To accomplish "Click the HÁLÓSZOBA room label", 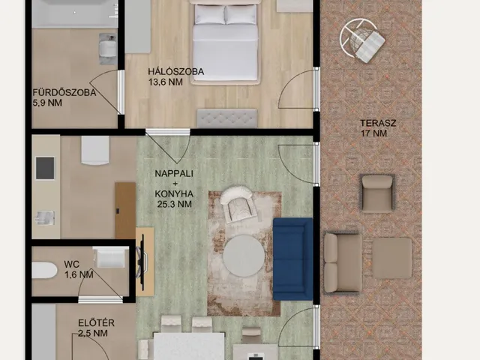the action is (x=176, y=72).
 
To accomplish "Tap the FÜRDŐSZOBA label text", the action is (x=64, y=92).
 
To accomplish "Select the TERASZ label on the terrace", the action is (x=378, y=123).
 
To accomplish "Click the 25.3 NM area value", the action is (x=175, y=204).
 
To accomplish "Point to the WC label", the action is (x=72, y=264).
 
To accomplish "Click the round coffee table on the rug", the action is (x=243, y=256).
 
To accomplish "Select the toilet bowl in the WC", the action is (x=44, y=270).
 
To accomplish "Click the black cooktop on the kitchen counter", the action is (x=45, y=168).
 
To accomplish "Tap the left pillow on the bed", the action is (x=210, y=14).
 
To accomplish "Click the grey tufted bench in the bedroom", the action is (x=226, y=118).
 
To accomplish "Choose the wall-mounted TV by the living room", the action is (x=142, y=262).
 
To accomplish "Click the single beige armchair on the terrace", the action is (x=376, y=193).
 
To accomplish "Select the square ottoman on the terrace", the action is (x=391, y=258).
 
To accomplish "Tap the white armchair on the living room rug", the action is (x=238, y=203).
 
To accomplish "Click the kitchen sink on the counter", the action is (x=45, y=217).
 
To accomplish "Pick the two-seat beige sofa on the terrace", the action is (x=343, y=263).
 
